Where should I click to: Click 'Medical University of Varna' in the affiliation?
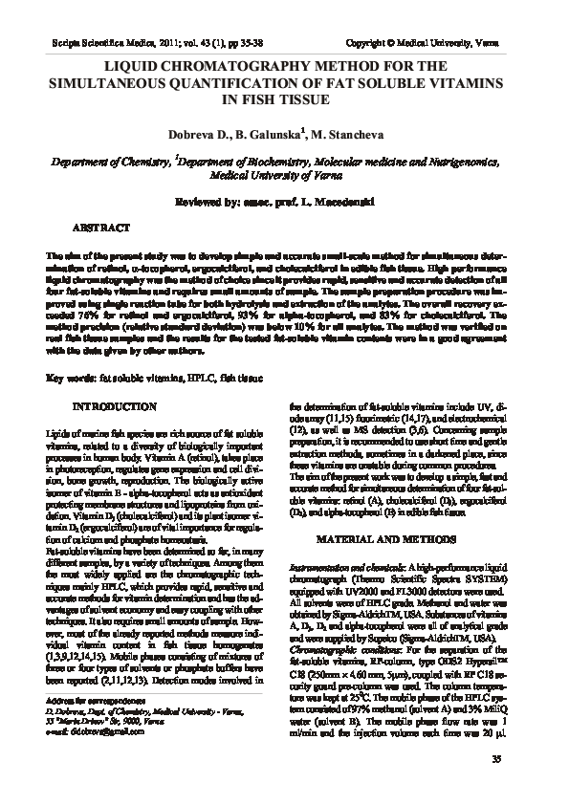[284, 177]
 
